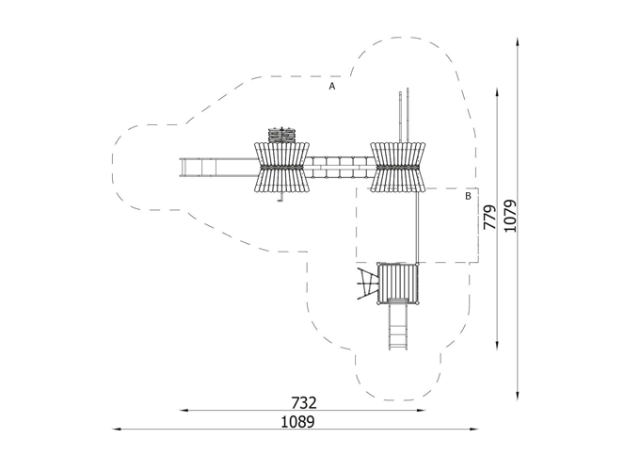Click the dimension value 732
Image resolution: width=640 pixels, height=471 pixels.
[304, 403]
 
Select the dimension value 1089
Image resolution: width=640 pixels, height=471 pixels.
[298, 422]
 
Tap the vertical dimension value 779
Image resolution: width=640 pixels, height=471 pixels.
[489, 217]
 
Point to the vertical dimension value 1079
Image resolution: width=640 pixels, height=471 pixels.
[510, 216]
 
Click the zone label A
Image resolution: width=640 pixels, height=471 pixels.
[332, 87]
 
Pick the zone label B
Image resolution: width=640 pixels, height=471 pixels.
[468, 196]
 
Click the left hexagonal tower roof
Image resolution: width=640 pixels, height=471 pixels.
[281, 167]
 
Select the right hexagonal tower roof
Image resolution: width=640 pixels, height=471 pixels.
[397, 167]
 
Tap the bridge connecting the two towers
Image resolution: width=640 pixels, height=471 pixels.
[340, 167]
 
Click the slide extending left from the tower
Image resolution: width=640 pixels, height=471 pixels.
[218, 168]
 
